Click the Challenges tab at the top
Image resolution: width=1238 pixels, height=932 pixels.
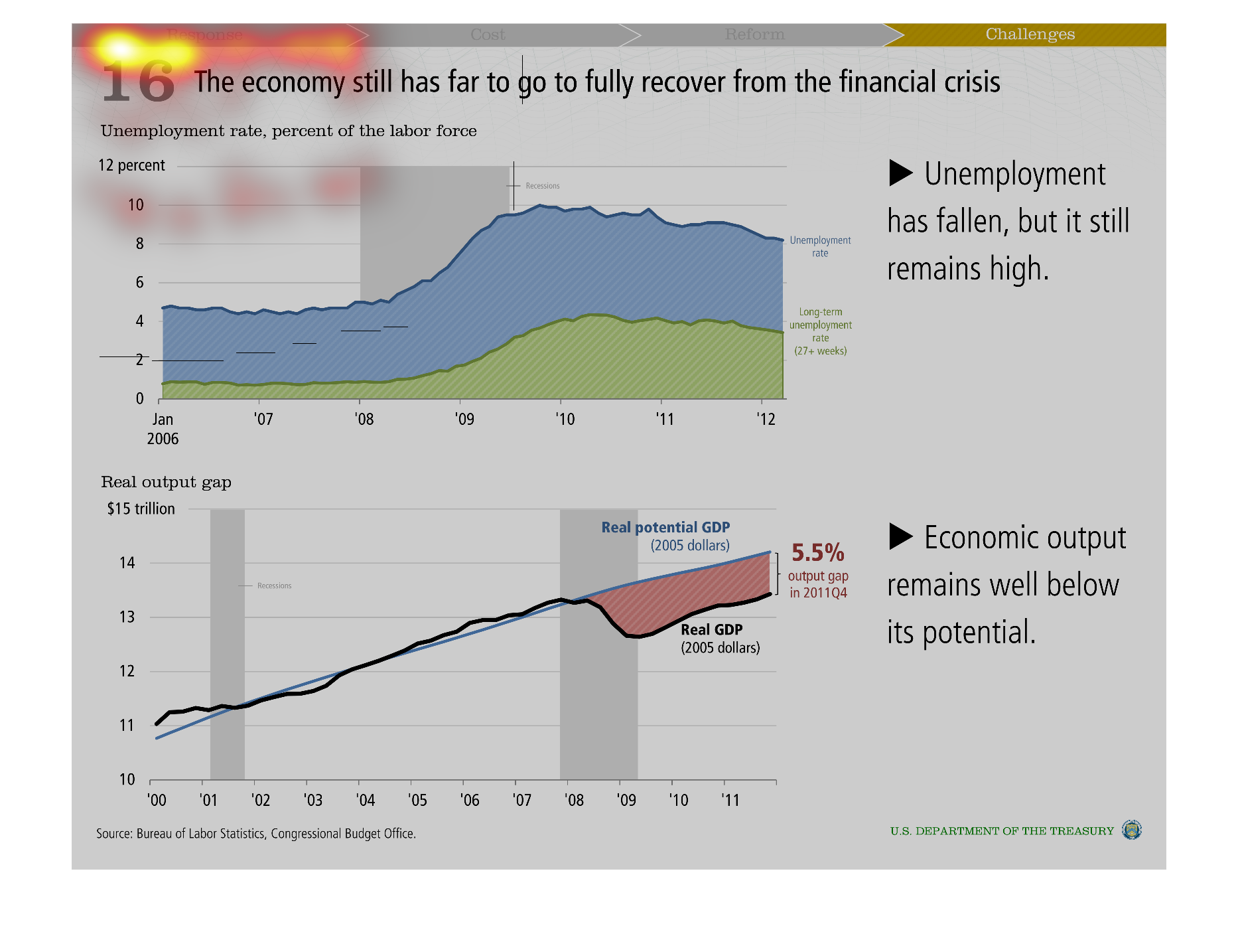(x=1030, y=35)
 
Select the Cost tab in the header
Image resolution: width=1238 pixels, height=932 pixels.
(x=488, y=35)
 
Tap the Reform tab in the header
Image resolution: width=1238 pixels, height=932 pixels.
(x=754, y=35)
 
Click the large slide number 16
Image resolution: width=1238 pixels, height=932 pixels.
(x=138, y=82)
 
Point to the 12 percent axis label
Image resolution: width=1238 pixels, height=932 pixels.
(x=131, y=165)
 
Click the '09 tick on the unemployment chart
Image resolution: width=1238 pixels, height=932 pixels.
(x=464, y=419)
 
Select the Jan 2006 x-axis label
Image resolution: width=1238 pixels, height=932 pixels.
(x=163, y=428)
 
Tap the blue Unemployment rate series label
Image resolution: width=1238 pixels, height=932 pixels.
(x=820, y=246)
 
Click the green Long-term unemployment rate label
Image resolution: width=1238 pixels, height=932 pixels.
(x=821, y=331)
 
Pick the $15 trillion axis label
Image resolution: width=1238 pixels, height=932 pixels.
(x=141, y=509)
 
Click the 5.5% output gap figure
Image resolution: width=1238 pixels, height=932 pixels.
(x=817, y=552)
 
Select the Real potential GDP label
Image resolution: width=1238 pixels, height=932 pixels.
(x=665, y=528)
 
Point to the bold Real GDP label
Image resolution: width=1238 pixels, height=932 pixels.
(x=711, y=630)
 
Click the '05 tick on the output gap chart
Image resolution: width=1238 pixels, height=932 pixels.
(x=417, y=800)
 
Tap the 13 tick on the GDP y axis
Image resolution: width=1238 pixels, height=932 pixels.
(x=127, y=617)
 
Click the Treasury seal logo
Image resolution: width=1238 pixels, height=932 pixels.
(x=1131, y=830)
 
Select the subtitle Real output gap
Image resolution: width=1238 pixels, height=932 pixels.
(x=166, y=482)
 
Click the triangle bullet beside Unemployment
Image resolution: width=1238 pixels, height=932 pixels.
(x=900, y=173)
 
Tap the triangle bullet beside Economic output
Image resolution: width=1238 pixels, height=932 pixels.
(x=900, y=536)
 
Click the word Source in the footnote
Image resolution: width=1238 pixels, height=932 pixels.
(x=113, y=834)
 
